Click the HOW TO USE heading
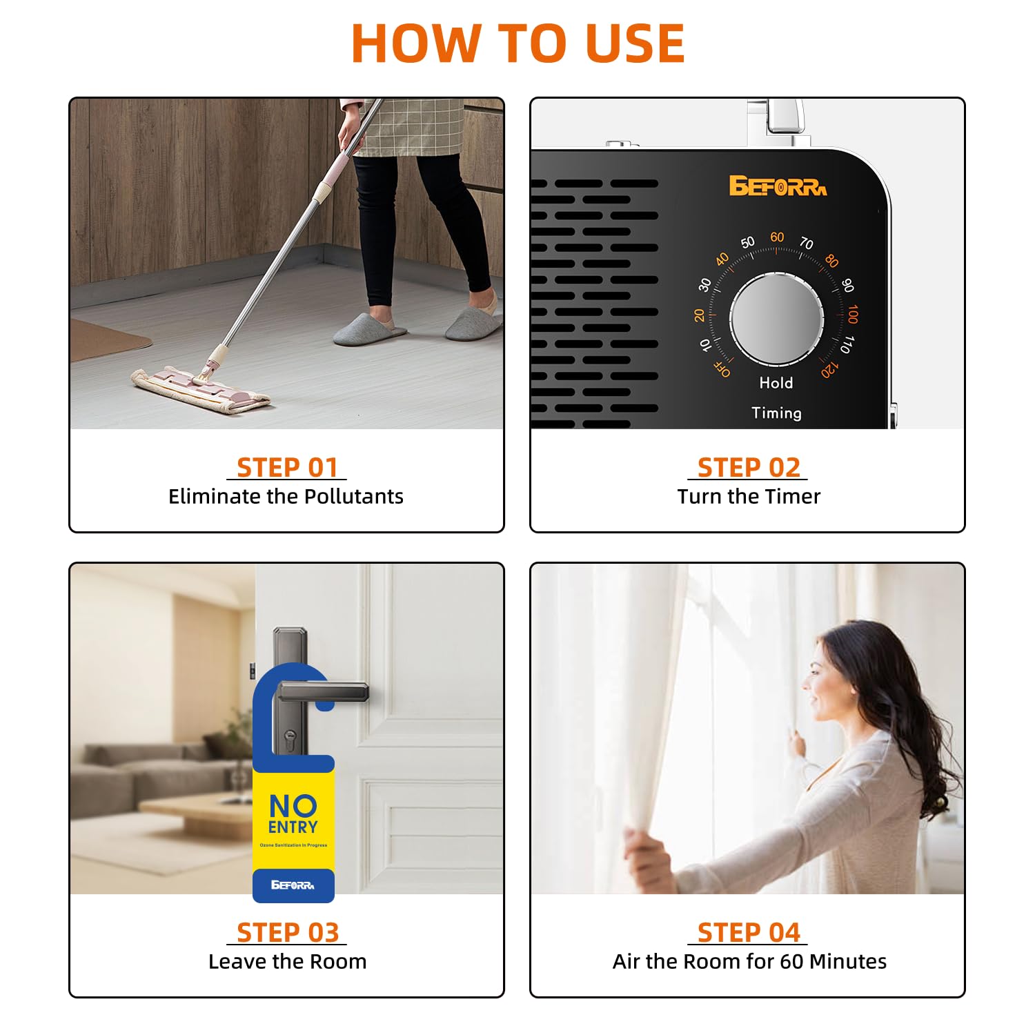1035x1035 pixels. [517, 43]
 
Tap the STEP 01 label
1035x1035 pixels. [287, 468]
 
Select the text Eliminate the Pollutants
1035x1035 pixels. [286, 496]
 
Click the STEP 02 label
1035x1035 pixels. [749, 468]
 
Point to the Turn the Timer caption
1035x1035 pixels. [749, 496]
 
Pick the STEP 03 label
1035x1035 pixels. [287, 933]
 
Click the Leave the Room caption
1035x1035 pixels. [287, 961]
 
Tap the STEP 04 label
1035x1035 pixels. [749, 933]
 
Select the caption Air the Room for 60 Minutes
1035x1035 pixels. [749, 961]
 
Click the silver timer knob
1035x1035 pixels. [776, 319]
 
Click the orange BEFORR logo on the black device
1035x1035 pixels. [778, 186]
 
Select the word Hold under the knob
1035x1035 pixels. [776, 383]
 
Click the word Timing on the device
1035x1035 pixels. [776, 413]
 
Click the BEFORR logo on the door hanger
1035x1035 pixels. [293, 885]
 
